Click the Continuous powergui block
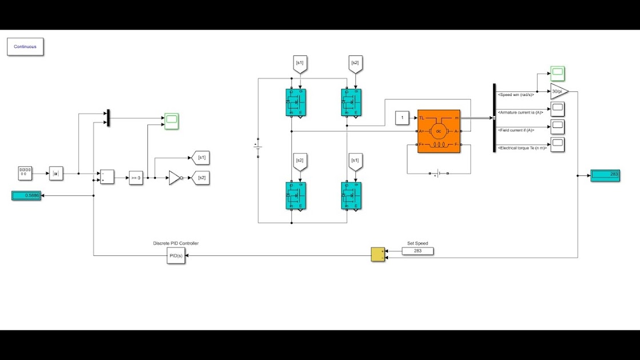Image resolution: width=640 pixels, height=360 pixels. (25, 47)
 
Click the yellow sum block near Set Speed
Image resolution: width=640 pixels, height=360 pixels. (378, 254)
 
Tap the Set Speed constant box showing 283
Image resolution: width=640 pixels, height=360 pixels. (418, 251)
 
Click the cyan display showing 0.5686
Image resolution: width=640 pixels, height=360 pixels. (26, 195)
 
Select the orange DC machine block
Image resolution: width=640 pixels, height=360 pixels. (438, 131)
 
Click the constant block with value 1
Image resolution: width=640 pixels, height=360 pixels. (402, 118)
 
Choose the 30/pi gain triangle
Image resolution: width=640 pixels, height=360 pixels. (559, 91)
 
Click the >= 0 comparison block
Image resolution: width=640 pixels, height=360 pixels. (135, 178)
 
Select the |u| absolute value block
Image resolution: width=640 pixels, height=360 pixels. (56, 173)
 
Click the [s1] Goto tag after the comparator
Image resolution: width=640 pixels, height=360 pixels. (201, 158)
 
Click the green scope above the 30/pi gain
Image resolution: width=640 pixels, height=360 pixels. (558, 73)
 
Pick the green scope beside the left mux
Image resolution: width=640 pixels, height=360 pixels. (171, 121)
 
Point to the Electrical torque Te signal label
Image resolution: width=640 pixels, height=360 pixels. (522, 148)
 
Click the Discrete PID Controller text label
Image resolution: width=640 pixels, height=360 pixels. (176, 243)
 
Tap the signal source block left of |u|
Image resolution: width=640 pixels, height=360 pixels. (25, 173)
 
